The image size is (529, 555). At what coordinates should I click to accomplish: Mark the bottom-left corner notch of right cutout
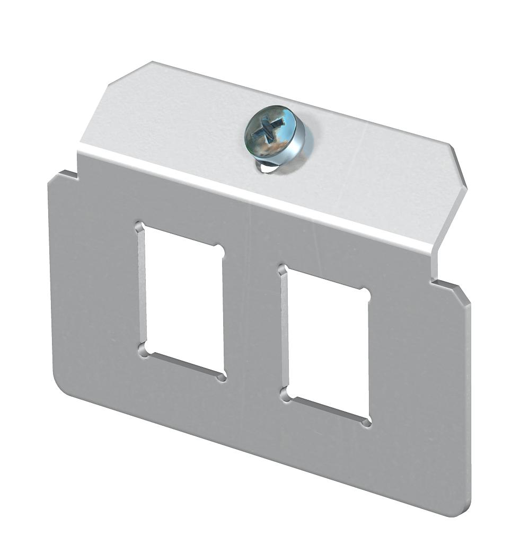(x=285, y=395)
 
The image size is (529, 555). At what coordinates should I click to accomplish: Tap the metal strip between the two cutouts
(x=252, y=318)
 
